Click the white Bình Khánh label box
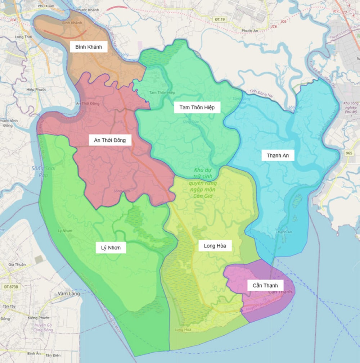pyautogui.click(x=89, y=47)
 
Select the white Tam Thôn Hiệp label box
pyautogui.click(x=197, y=107)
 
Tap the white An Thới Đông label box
pyautogui.click(x=110, y=140)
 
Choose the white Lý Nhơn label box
pyautogui.click(x=111, y=248)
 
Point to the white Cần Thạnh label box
pyautogui.click(x=265, y=285)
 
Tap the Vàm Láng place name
pyautogui.click(x=68, y=294)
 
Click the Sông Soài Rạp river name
pyautogui.click(x=39, y=172)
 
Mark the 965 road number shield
pyautogui.click(x=348, y=153)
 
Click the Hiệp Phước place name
pyautogui.click(x=36, y=89)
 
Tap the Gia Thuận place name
pyautogui.click(x=17, y=264)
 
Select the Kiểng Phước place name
pyautogui.click(x=39, y=318)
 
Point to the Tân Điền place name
pyautogui.click(x=53, y=355)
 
